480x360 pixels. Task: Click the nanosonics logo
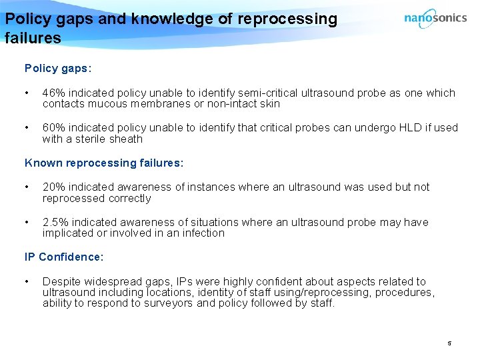435,19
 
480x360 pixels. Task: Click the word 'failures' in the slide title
33,38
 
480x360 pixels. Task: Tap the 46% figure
53,93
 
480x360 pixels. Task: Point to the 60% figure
53,128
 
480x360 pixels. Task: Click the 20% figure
53,187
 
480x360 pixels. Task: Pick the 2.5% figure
55,222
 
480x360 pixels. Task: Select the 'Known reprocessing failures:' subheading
103,163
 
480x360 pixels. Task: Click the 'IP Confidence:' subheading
64,257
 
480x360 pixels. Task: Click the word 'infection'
199,233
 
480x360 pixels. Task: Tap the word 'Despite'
61,282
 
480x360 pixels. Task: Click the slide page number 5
449,343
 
